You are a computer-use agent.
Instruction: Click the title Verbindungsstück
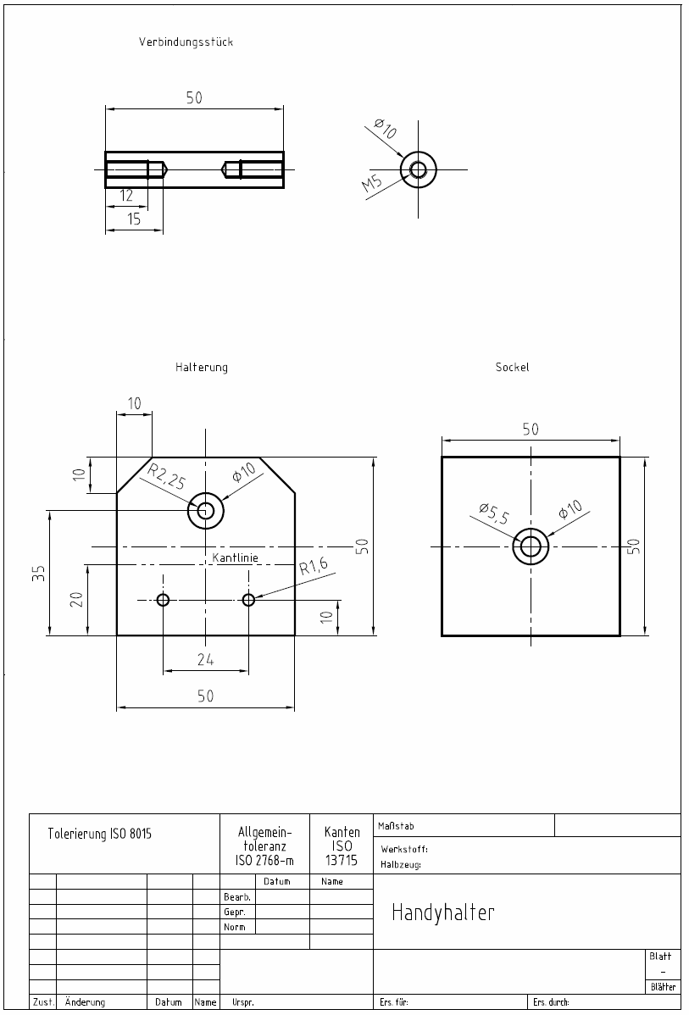[186, 42]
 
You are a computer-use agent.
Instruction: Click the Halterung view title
[202, 367]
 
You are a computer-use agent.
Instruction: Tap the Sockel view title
[512, 367]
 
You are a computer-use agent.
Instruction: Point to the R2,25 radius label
[166, 477]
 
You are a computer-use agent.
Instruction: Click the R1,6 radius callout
[314, 567]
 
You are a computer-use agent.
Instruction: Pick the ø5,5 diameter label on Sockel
[494, 513]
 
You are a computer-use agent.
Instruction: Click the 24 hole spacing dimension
[205, 660]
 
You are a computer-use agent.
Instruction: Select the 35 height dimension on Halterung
[40, 573]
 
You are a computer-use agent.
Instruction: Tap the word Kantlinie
[235, 557]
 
